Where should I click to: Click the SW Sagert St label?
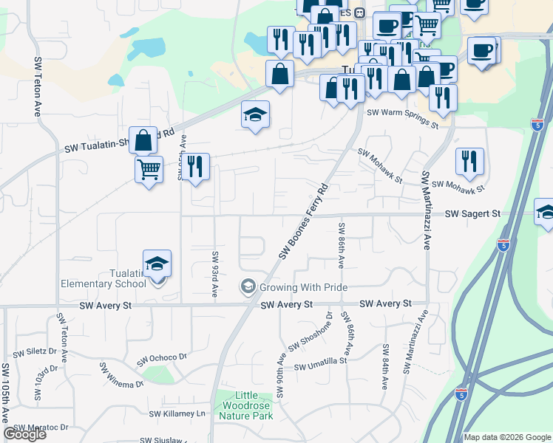pos(472,213)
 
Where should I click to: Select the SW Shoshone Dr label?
pos(311,332)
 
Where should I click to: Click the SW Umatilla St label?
pos(321,364)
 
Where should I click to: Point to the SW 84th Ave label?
pos(385,367)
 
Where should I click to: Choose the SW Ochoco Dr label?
pos(161,360)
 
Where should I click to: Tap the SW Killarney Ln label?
pos(177,414)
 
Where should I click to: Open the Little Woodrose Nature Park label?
pos(245,406)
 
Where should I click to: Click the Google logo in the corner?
pos(24,434)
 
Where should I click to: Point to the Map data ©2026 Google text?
pos(507,437)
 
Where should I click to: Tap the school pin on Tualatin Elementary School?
pos(157,264)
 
